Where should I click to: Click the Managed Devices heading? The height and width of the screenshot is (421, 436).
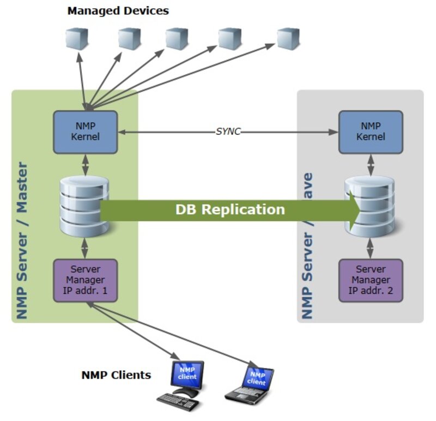[x=118, y=10]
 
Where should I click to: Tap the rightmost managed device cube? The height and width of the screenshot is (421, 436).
[x=288, y=39]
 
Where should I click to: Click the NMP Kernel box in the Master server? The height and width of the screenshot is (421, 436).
[x=85, y=132]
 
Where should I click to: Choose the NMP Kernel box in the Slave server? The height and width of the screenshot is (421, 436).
[x=371, y=132]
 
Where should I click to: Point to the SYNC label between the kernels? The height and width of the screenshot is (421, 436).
[x=228, y=132]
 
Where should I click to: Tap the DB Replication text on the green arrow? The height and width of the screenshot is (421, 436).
[x=229, y=210]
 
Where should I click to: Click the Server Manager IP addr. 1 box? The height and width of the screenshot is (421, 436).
[x=85, y=280]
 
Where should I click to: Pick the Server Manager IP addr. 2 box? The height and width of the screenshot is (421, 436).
[x=371, y=280]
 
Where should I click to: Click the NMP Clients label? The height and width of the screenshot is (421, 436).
[x=116, y=375]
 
